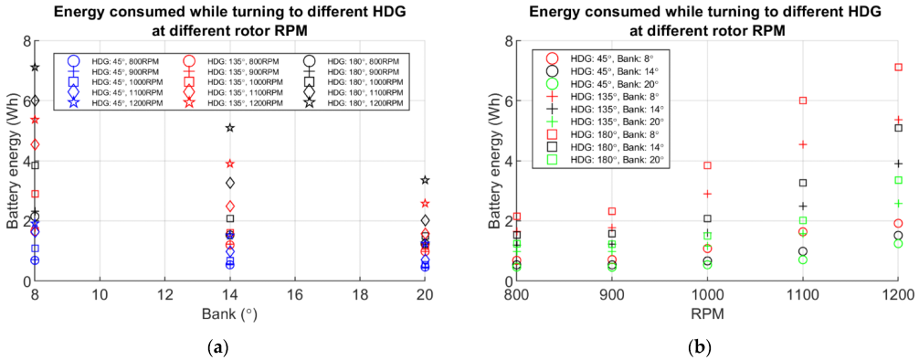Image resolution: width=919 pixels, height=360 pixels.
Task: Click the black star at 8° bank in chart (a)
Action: [x=35, y=68]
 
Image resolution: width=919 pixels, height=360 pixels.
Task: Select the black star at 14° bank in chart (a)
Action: [x=230, y=127]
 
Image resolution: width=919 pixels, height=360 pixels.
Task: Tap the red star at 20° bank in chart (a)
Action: [x=425, y=203]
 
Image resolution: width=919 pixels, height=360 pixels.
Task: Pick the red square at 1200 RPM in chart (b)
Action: [x=899, y=67]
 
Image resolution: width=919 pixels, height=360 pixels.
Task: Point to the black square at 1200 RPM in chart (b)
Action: [x=899, y=128]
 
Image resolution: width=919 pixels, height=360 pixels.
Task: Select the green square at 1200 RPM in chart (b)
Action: [x=899, y=180]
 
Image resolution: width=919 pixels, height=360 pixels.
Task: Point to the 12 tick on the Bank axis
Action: [x=165, y=293]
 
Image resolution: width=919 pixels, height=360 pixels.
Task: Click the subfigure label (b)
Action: [x=695, y=346]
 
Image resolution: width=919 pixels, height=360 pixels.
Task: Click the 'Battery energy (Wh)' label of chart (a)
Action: [x=12, y=161]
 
